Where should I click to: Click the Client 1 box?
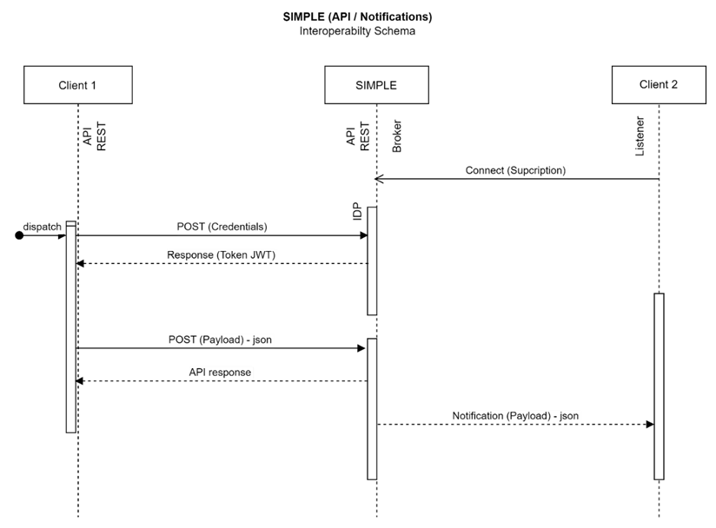point(78,85)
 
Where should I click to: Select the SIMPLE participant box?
point(377,85)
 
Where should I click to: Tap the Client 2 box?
point(659,85)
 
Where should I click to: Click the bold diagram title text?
point(357,16)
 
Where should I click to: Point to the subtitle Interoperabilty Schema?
point(357,31)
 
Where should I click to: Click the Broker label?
point(397,136)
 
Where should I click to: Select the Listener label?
point(640,136)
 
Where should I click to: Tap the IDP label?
point(357,212)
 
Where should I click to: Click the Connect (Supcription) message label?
point(515,170)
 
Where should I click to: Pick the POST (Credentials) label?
point(222,227)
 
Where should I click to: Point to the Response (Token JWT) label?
point(221,254)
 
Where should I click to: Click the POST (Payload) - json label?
point(220,340)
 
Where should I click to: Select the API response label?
point(220,373)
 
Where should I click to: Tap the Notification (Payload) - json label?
point(515,416)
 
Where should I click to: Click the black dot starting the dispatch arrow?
point(19,235)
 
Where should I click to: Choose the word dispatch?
point(42,227)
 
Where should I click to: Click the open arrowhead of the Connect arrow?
point(379,179)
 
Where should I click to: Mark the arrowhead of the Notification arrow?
point(650,425)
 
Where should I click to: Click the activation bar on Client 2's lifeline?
point(659,386)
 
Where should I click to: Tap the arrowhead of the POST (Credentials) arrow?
point(364,235)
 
